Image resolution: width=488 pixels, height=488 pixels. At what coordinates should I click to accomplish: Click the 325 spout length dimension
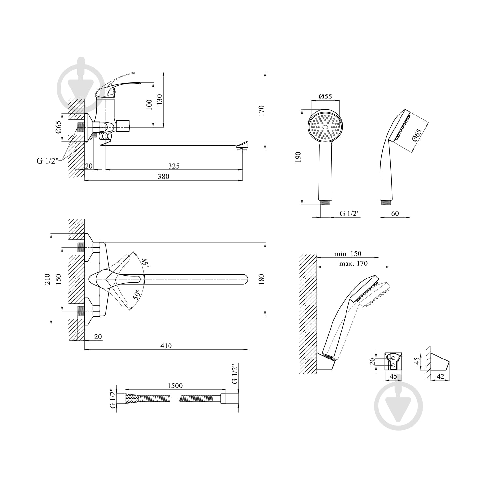pos(174,166)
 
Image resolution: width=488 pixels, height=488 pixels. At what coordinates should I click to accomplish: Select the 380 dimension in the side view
pos(163,176)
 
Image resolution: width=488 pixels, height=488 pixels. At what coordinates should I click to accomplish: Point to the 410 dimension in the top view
pos(166,346)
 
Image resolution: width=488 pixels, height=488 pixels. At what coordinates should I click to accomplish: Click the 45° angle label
pos(145,263)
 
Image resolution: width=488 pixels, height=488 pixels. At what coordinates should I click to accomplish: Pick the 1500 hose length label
pos(175,386)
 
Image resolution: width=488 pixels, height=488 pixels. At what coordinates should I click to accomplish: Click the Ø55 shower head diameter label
pos(325,96)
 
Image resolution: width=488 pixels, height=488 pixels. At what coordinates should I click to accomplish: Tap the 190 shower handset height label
pos(299,157)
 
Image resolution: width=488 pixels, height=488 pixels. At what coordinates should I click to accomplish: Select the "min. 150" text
pos(348,254)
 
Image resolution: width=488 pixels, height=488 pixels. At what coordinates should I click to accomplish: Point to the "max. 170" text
pos(353,263)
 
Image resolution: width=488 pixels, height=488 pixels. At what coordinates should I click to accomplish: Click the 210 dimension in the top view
pos(47,279)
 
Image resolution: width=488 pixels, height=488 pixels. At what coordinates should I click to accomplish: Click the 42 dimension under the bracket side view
pos(441,376)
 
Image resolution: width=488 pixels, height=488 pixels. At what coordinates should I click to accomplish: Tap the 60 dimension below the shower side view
pos(395,214)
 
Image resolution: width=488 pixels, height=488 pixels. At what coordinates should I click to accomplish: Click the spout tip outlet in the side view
pos(240,149)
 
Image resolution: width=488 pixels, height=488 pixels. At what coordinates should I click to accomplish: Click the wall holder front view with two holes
pos(393,361)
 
